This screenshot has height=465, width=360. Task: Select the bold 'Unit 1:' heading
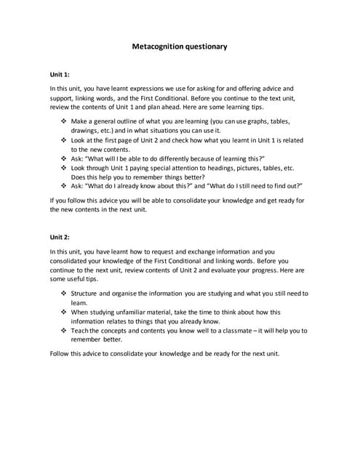click(60, 74)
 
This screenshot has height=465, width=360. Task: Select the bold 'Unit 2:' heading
click(60, 237)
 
